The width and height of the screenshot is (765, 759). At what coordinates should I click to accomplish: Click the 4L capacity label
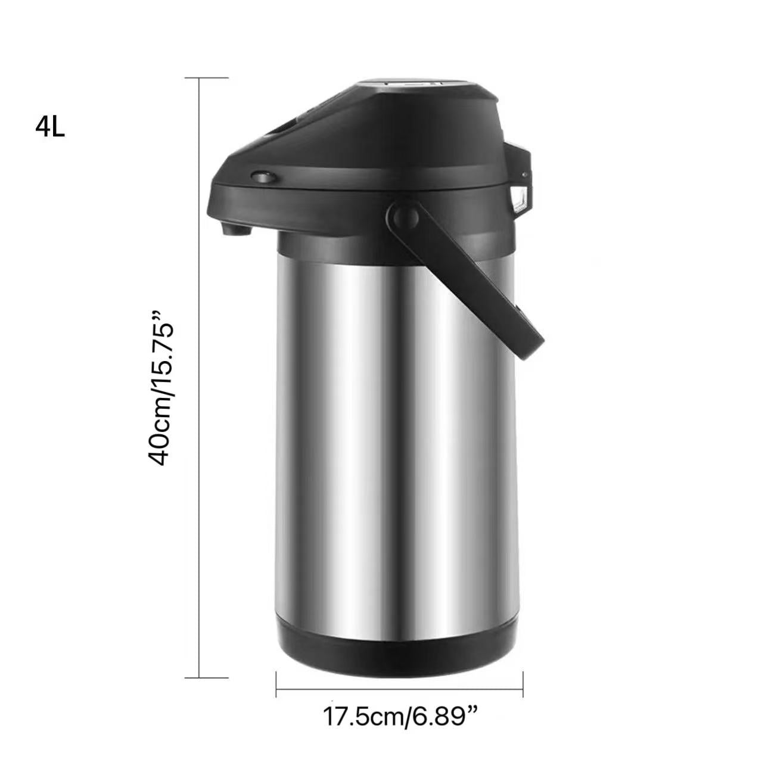click(x=50, y=127)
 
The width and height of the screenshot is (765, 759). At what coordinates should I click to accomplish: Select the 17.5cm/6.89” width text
click(x=401, y=716)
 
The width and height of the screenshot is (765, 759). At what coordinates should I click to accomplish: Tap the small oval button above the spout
click(x=263, y=177)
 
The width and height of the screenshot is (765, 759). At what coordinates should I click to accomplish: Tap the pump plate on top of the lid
click(x=411, y=85)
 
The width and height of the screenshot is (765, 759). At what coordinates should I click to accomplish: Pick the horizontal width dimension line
click(x=399, y=690)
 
